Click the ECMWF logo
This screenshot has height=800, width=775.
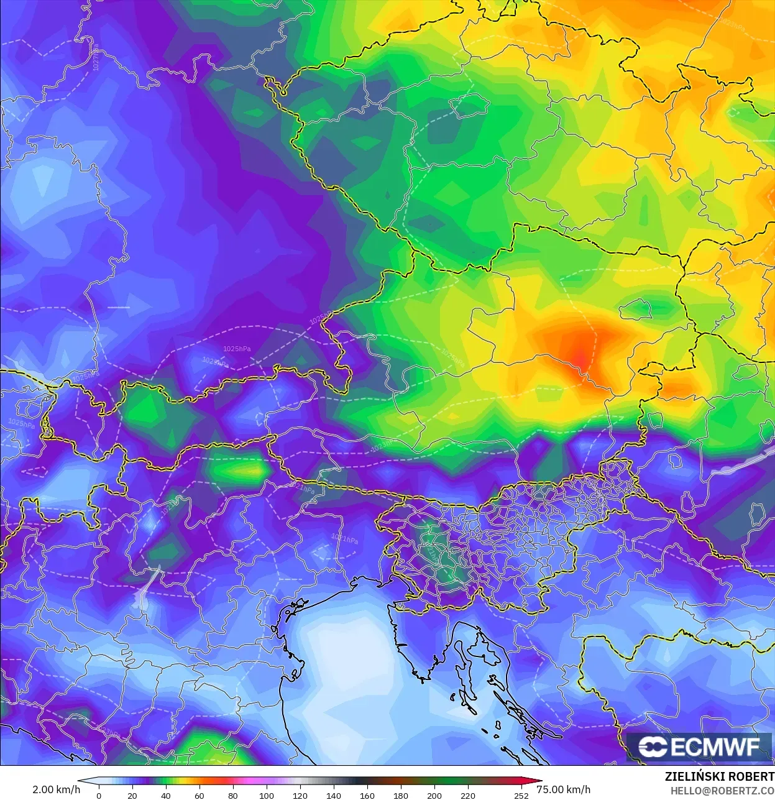click(700, 747)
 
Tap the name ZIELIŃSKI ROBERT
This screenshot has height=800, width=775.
click(719, 776)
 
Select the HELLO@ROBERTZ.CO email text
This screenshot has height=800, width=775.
click(722, 791)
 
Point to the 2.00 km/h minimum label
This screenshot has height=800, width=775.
click(56, 789)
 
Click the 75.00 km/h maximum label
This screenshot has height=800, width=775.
click(563, 789)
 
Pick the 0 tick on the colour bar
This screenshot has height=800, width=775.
click(99, 796)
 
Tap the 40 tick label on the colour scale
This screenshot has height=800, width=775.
click(165, 796)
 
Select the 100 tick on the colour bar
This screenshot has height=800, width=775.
click(266, 796)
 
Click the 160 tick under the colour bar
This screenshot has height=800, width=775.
click(367, 796)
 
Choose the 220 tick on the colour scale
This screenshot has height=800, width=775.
click(467, 796)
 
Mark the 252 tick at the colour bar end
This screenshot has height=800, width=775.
click(521, 796)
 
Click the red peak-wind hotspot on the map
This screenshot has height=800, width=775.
click(579, 357)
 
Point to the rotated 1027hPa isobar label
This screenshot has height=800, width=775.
click(97, 57)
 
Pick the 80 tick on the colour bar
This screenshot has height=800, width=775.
click(232, 796)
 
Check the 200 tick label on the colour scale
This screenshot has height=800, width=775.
click(434, 796)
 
